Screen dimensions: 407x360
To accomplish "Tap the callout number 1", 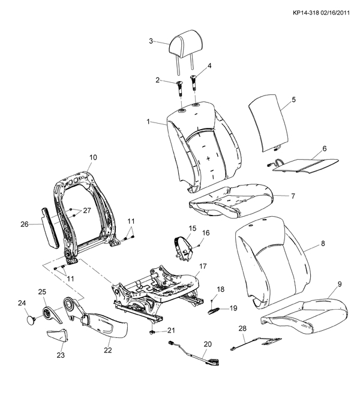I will click(x=148, y=122).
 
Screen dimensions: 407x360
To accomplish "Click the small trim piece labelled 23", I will click(x=56, y=337).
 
